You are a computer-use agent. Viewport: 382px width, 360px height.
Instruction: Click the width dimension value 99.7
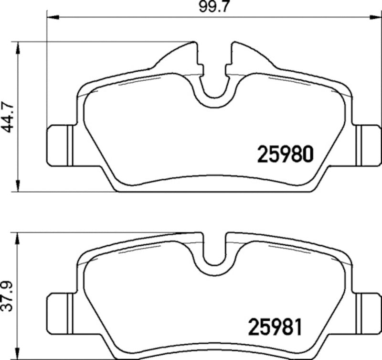click(x=205, y=7)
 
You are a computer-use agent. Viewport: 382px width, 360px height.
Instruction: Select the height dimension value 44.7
click(x=7, y=117)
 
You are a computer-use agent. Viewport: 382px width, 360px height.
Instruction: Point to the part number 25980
click(x=285, y=154)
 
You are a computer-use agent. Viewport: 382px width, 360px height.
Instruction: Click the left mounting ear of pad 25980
click(x=59, y=146)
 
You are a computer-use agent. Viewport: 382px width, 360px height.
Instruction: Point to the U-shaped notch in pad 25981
click(x=214, y=253)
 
